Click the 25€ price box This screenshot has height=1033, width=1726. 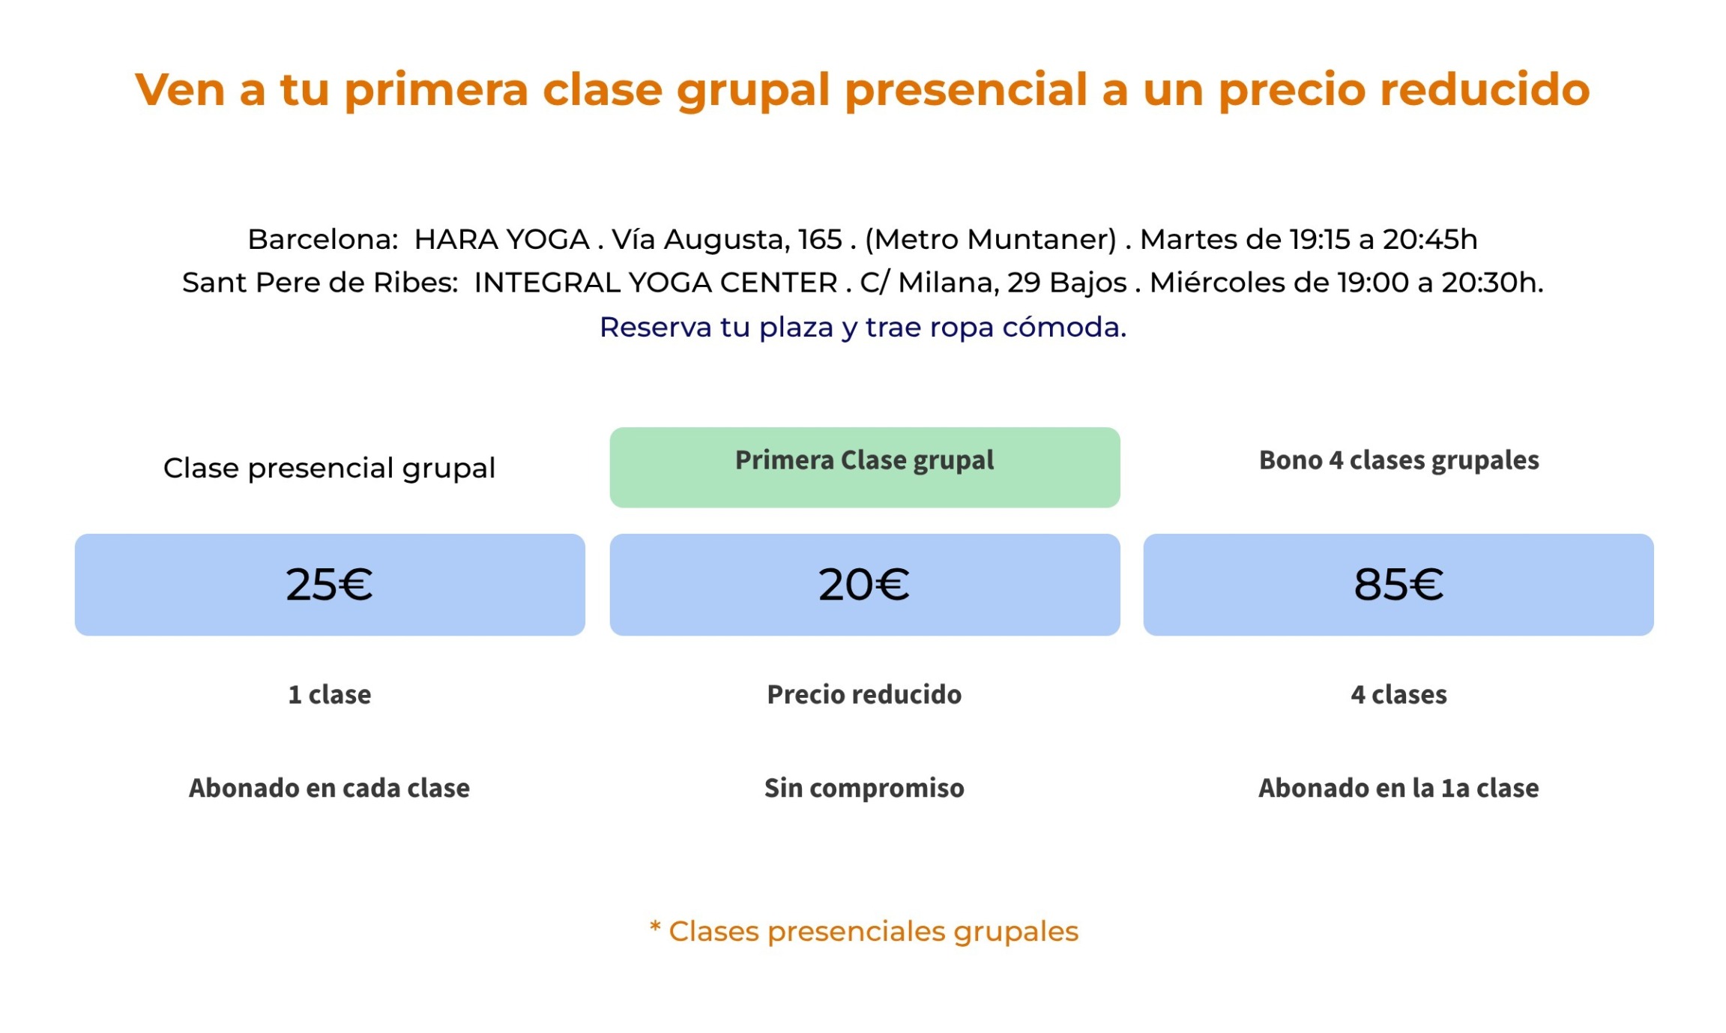(x=330, y=585)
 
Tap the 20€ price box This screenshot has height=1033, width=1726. (x=865, y=585)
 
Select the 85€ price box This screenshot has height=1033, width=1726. (x=1398, y=585)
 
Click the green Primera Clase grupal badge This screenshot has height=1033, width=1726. (x=865, y=467)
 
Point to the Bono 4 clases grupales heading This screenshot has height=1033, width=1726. (x=1399, y=460)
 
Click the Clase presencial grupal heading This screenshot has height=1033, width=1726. (x=330, y=469)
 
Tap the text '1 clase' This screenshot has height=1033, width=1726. (x=330, y=695)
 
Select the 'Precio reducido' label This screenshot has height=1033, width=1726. (x=864, y=695)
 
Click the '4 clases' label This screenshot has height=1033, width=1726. (x=1399, y=695)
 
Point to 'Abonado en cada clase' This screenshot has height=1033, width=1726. (x=330, y=788)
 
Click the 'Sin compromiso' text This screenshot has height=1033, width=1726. (x=864, y=789)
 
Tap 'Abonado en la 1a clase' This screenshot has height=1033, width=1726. (x=1398, y=788)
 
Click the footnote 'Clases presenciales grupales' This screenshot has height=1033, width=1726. (x=873, y=932)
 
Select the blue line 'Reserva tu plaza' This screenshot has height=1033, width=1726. (x=863, y=328)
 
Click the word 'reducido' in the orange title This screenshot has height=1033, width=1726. (x=1485, y=89)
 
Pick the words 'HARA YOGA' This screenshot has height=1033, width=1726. (x=502, y=240)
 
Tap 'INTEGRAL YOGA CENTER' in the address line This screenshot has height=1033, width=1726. (x=656, y=283)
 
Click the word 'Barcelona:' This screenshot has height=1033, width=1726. (x=323, y=240)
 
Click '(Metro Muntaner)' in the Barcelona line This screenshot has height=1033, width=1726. (x=991, y=240)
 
